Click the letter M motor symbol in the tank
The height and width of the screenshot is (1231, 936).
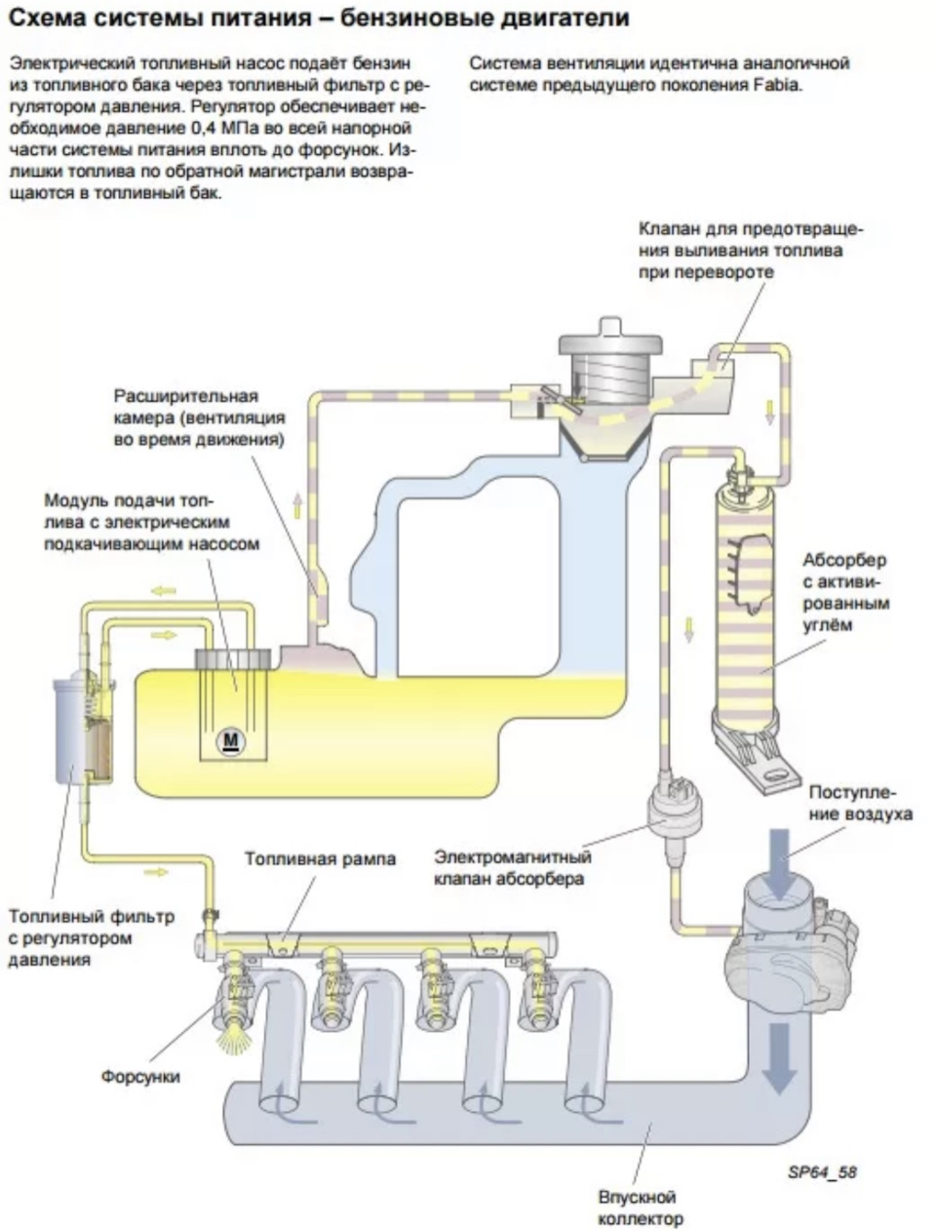click(231, 740)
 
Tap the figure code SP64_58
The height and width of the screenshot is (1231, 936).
click(821, 1171)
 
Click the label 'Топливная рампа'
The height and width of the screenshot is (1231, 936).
click(320, 859)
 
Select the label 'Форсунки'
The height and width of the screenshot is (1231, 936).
click(141, 1076)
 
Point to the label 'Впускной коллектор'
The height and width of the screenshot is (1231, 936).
click(640, 1208)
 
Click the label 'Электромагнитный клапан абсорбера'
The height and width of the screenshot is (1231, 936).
click(513, 868)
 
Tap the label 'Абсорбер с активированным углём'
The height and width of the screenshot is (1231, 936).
click(845, 592)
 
